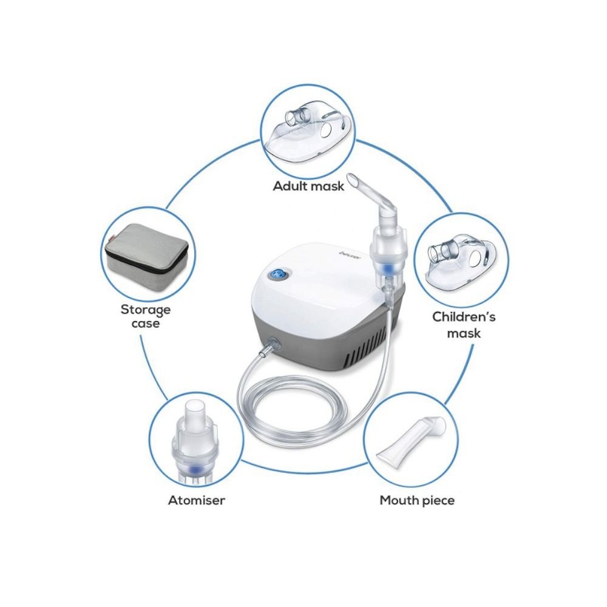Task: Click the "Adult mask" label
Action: [x=308, y=186]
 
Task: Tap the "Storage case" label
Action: [x=146, y=316]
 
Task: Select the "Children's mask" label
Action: [x=464, y=325]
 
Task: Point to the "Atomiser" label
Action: [x=196, y=500]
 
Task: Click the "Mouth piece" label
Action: [x=417, y=500]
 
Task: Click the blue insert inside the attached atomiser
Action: [x=385, y=267]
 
